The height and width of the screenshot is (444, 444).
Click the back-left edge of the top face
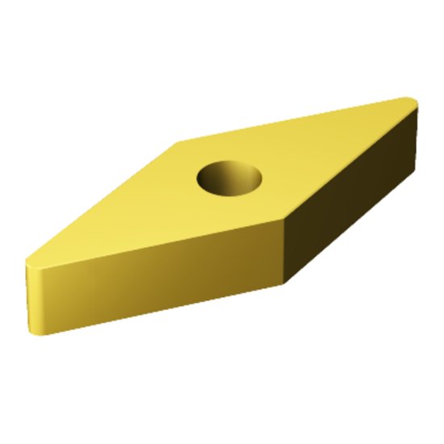[x=105, y=202]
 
